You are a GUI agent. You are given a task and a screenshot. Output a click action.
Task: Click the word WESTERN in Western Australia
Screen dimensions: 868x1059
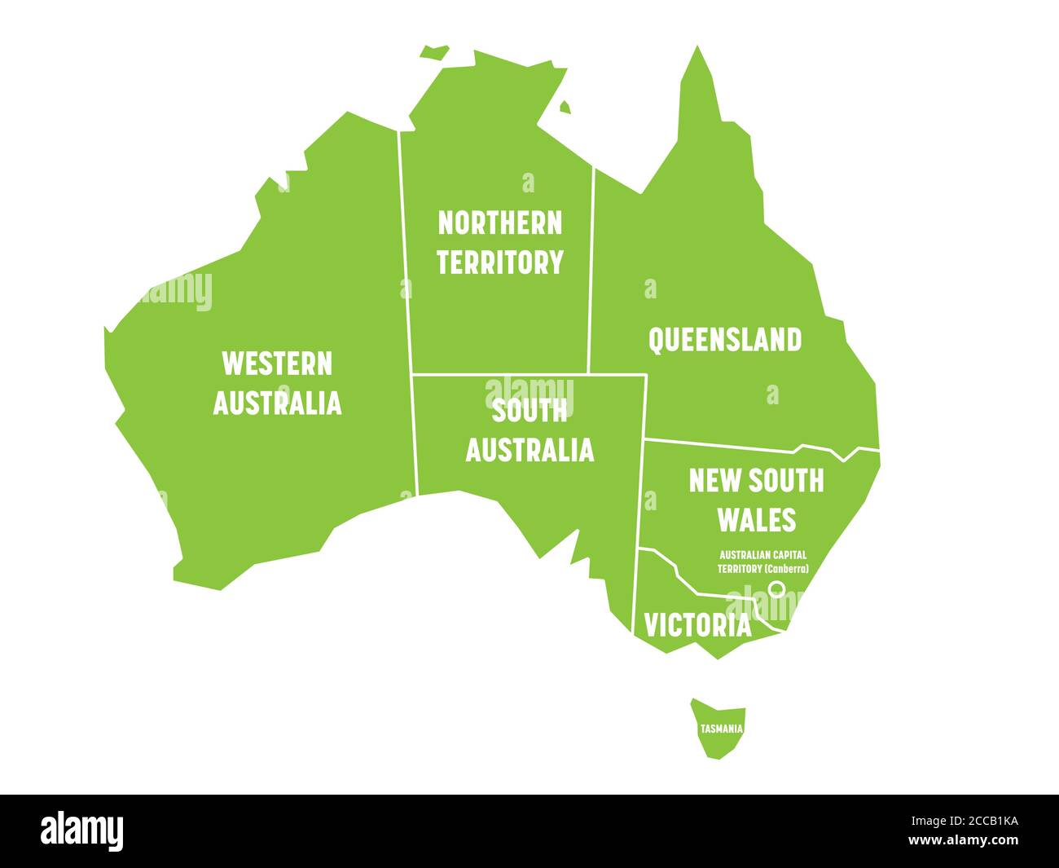pos(277,364)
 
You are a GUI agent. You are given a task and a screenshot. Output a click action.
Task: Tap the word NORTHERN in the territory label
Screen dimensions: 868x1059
pos(499,223)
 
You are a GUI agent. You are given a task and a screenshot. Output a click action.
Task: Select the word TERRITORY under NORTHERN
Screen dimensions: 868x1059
pos(499,262)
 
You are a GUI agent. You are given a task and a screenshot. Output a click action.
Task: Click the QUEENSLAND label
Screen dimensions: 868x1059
pos(724,340)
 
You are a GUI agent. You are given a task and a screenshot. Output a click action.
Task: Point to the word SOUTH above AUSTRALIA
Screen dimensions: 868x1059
pos(529,412)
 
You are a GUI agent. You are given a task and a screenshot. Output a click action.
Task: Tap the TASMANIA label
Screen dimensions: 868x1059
pos(720,729)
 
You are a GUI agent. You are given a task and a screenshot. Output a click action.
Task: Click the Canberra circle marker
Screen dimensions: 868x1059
pos(776,588)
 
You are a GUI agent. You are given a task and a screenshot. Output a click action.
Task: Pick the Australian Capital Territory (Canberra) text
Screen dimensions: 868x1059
pos(762,562)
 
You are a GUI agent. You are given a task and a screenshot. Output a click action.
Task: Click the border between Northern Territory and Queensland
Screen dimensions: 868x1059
pos(591,269)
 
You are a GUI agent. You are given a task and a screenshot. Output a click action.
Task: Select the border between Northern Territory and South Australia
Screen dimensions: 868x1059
pos(499,374)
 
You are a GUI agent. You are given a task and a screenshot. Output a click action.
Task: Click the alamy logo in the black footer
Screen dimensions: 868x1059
pos(82,831)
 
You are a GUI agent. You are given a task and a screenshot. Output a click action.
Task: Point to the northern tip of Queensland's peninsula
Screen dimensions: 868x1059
pos(697,51)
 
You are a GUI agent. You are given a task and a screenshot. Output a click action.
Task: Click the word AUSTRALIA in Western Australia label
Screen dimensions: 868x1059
pos(277,403)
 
